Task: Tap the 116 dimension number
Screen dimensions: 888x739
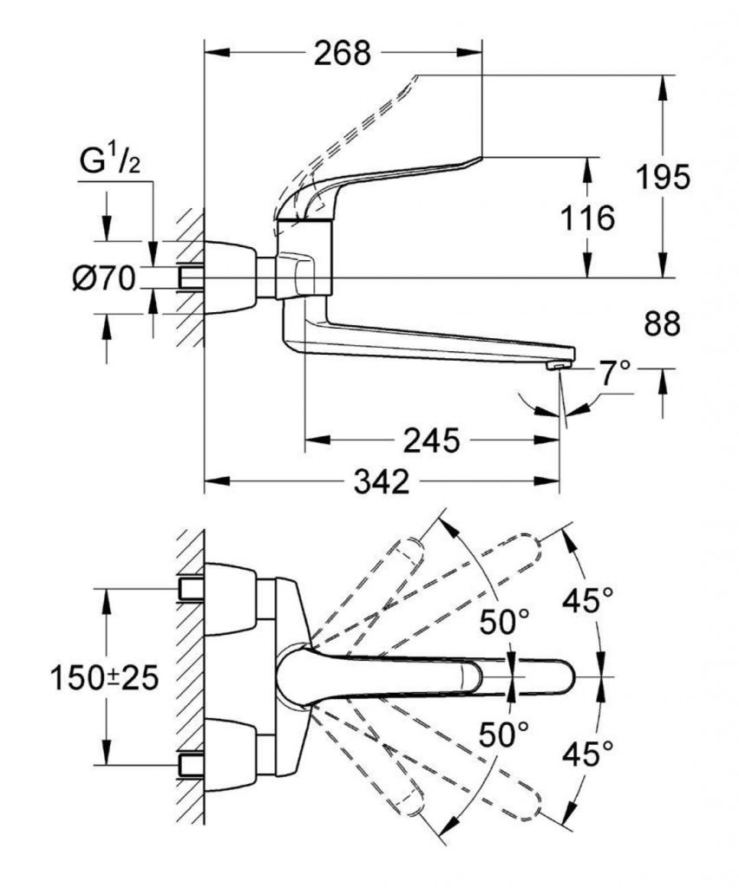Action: pyautogui.click(x=587, y=218)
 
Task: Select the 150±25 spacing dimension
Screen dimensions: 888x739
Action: pyautogui.click(x=103, y=677)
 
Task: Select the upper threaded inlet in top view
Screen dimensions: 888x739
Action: pyautogui.click(x=192, y=589)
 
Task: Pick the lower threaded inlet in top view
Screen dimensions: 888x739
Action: pyautogui.click(x=192, y=764)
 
